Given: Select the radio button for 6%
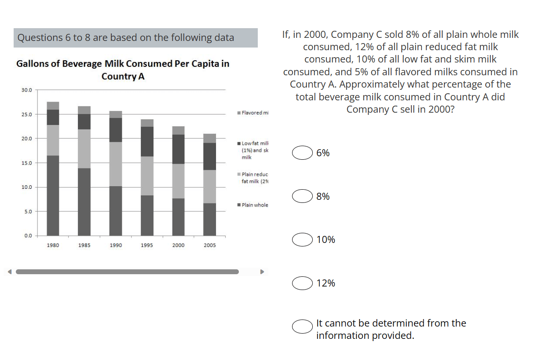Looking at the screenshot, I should pyautogui.click(x=302, y=153).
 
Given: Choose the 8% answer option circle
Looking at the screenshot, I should pyautogui.click(x=302, y=196).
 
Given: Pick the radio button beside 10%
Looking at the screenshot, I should pyautogui.click(x=302, y=239).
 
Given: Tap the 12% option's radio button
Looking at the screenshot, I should pyautogui.click(x=302, y=283).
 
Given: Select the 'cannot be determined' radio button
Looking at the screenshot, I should pyautogui.click(x=302, y=326).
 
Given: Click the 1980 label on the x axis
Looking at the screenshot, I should pyautogui.click(x=53, y=245).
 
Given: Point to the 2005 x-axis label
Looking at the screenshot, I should pyautogui.click(x=210, y=245).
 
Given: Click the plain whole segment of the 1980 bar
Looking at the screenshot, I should pyautogui.click(x=53, y=196).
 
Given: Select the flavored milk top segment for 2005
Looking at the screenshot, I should pyautogui.click(x=210, y=138).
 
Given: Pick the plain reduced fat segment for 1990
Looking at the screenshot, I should pyautogui.click(x=116, y=164).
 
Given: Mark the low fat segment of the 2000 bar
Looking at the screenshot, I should pyautogui.click(x=178, y=149).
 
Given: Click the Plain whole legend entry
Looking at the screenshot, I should pyautogui.click(x=253, y=205).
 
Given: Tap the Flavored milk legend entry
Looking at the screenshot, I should pyautogui.click(x=253, y=113).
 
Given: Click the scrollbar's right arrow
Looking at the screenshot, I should pyautogui.click(x=263, y=272).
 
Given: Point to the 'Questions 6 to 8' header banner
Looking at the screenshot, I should pyautogui.click(x=135, y=38).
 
